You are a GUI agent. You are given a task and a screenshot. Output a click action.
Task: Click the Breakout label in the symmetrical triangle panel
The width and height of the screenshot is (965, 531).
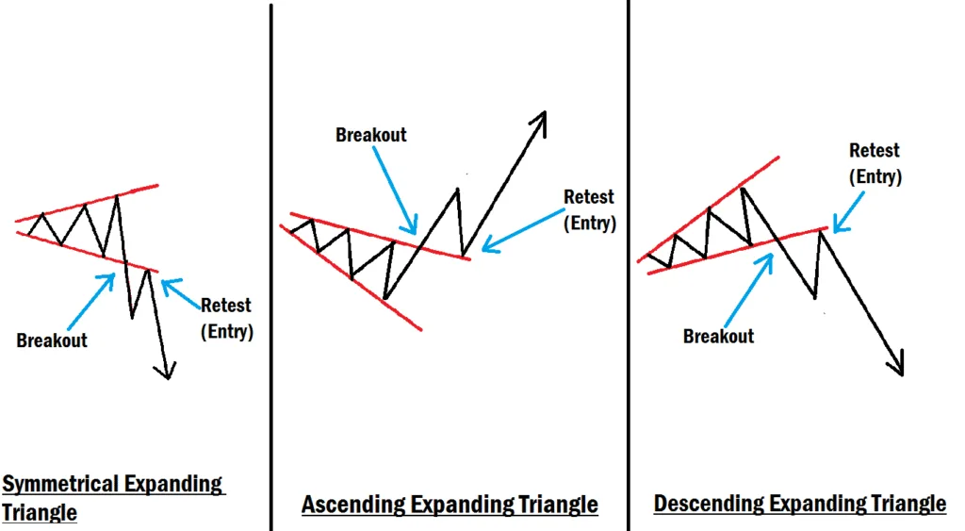52,340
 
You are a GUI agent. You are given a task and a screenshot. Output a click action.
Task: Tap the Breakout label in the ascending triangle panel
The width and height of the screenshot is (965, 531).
371,135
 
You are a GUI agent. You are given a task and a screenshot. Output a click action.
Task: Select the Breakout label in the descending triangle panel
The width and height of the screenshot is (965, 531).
718,336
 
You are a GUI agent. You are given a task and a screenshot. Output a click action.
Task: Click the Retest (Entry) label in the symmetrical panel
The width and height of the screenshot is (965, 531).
226,318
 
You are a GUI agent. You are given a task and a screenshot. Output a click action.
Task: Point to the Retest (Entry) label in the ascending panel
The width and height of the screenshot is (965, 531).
589,210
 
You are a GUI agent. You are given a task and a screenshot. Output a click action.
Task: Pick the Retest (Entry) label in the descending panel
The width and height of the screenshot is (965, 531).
875,163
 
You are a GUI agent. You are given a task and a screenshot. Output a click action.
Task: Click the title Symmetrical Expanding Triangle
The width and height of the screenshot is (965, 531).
112,498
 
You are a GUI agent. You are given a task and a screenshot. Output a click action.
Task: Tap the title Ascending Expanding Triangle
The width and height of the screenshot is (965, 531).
450,505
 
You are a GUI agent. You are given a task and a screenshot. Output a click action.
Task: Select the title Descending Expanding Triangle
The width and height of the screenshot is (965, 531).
799,504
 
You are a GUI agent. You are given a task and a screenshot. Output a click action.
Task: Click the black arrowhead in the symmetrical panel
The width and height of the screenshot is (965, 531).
167,371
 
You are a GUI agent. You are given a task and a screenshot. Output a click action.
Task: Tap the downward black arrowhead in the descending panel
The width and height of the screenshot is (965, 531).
896,364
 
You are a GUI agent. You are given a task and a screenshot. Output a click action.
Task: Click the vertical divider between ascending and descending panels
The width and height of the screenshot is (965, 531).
628,264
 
